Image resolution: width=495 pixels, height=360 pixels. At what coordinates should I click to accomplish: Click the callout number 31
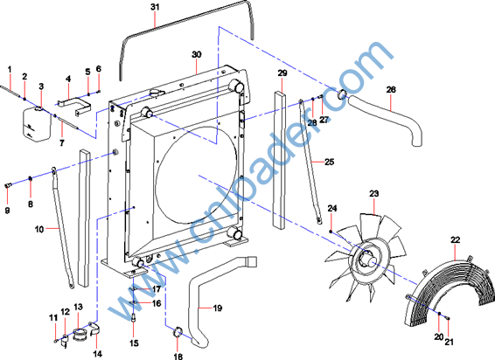155,7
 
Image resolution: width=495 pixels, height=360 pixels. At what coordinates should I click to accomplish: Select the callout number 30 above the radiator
197,54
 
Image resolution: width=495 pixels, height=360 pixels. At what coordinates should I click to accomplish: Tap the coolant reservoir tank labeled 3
37,124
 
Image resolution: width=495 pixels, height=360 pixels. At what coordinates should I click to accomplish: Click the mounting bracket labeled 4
74,107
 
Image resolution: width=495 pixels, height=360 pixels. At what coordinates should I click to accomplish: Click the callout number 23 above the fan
373,193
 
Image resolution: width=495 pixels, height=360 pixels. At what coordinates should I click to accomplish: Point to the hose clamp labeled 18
178,333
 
